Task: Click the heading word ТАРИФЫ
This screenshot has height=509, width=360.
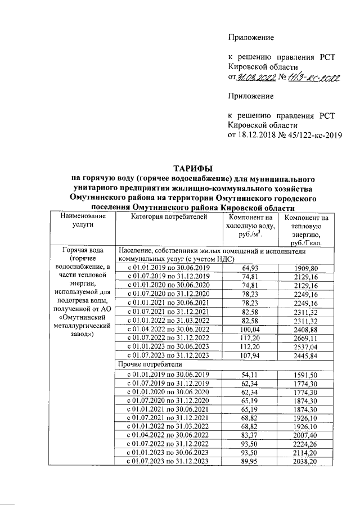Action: pos(192,168)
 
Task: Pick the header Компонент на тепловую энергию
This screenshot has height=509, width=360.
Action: pos(307,231)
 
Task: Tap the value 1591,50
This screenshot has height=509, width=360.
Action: pos(307,374)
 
